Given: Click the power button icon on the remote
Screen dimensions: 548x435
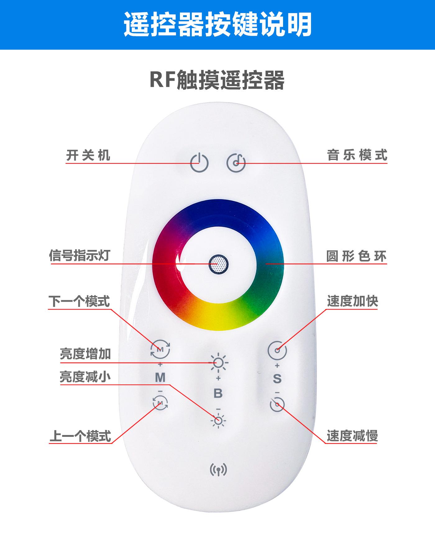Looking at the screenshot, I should pos(199,163).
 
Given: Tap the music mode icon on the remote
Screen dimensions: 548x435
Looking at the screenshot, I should pos(236,163).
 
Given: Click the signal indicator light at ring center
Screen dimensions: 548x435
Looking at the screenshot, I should pos(218,264).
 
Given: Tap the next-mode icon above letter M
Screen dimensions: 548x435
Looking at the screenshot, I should pos(160,350).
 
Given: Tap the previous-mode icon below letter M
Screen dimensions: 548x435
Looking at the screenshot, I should pos(160,403).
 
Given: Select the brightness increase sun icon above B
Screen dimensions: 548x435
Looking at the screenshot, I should pos(218,362).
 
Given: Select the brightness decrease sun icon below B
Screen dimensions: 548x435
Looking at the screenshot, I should pos(218,421).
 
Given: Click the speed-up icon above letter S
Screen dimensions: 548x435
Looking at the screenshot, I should pos(277,350).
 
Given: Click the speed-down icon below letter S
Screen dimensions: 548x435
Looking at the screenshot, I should pos(277,405).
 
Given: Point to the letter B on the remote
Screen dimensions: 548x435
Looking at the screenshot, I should pos(218,393).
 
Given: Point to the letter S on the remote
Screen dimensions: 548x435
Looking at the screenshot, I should pos(277,379).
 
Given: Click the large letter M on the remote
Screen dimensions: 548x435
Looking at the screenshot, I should pos(160,378).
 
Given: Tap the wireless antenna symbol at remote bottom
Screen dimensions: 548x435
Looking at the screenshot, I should pos(218,470).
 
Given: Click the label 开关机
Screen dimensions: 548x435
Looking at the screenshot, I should pos(88,155).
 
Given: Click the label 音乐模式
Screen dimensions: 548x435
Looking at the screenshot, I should pos(357,155).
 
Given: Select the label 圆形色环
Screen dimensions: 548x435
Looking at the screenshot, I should pos(356,256).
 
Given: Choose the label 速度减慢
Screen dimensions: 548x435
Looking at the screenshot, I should pos(352,436).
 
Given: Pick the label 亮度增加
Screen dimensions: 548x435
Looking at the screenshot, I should pos(85,354).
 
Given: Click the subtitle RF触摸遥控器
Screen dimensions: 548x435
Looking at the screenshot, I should pos(217,80).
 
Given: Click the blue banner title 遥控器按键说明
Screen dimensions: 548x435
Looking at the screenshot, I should pos(217,24).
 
